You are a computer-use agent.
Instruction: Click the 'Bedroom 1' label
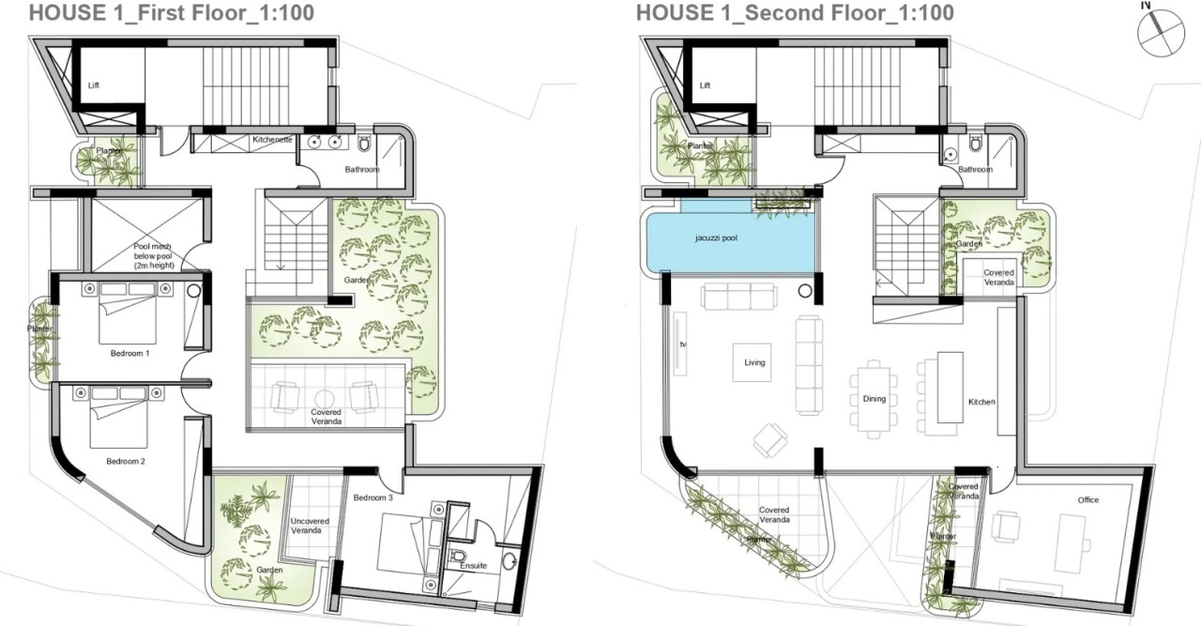(x=129, y=353)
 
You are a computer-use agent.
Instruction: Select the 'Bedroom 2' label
(x=126, y=461)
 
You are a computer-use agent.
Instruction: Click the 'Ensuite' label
(x=472, y=566)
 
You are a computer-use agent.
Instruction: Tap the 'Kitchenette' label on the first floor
(x=273, y=140)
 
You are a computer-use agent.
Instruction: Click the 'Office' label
(x=1087, y=499)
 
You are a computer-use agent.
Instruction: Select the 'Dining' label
(x=874, y=399)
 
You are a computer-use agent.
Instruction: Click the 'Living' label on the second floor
(x=754, y=362)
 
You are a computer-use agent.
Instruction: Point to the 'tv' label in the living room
(x=683, y=344)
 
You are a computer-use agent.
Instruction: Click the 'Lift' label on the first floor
(x=93, y=85)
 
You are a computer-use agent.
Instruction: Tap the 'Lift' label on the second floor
(x=705, y=85)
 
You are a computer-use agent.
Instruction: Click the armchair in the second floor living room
(x=770, y=437)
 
